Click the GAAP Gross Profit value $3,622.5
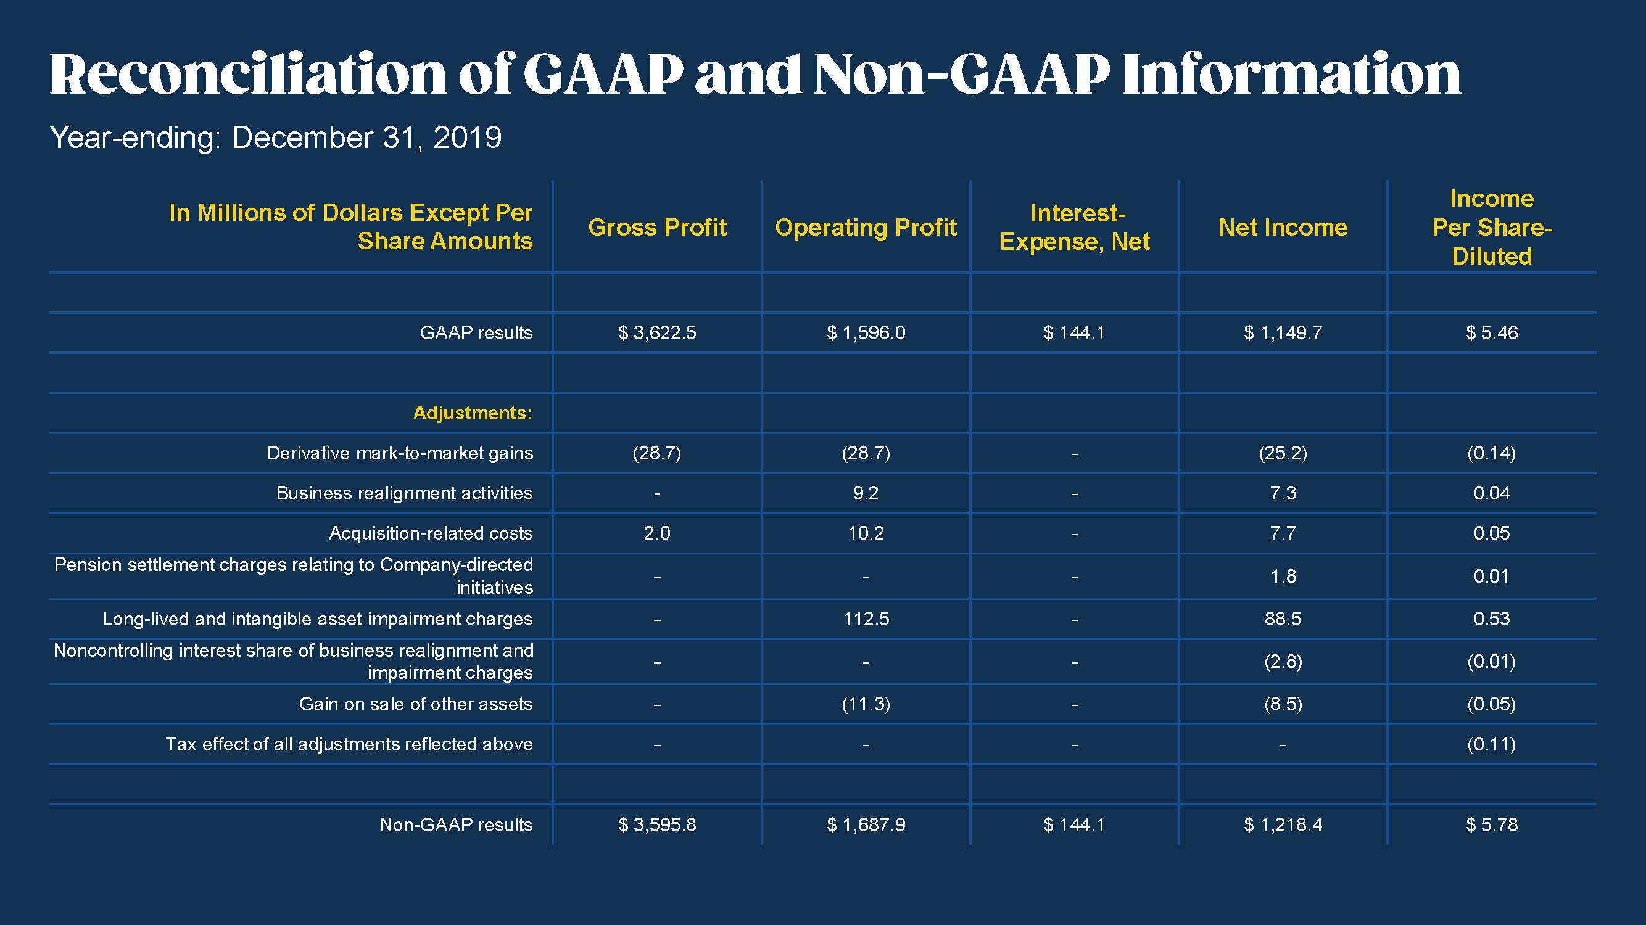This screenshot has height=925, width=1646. point(657,333)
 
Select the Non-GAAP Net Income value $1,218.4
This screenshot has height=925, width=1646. point(1283,824)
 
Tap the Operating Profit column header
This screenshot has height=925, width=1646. point(866,228)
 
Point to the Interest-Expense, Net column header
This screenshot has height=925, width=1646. point(1075,228)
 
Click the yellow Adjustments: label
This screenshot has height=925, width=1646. point(472,413)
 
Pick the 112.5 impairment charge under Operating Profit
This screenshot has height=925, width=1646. point(866,619)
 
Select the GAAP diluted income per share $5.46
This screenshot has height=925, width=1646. point(1491,333)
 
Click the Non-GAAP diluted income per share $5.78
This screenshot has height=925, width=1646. point(1491,824)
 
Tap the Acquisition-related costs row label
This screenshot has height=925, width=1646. point(430,533)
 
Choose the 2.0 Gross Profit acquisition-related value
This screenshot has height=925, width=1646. point(657,533)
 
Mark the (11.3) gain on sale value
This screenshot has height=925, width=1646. point(866,704)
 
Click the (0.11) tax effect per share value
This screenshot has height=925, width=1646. point(1491,744)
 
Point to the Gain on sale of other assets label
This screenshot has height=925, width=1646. point(415,704)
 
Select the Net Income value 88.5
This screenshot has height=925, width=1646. point(1283,619)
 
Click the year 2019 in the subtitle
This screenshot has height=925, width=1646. point(467,138)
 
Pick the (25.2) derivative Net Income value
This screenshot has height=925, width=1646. point(1283,453)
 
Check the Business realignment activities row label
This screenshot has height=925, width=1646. point(404,493)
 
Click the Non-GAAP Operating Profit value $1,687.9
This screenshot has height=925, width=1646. point(866,824)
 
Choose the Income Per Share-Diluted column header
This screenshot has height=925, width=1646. point(1491,228)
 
